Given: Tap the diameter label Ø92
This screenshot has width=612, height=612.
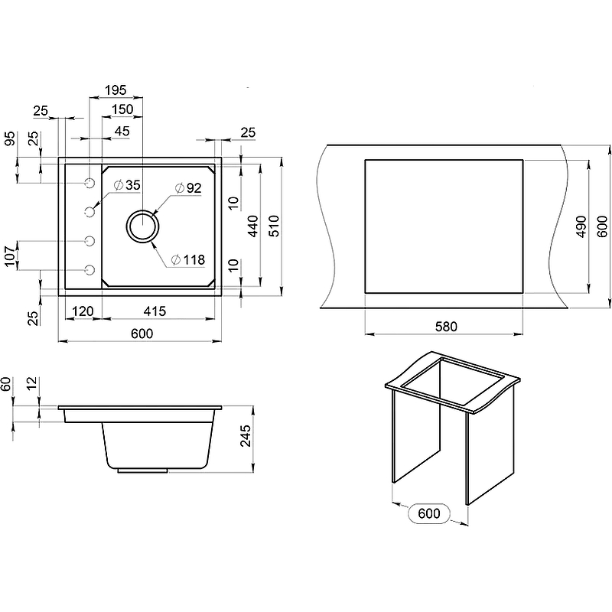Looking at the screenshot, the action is point(188,188).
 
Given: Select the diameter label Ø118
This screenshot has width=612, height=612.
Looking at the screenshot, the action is point(188,259).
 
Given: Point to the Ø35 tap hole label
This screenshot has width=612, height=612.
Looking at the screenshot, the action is point(127,185).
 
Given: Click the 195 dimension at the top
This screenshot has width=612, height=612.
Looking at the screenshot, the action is point(116,90).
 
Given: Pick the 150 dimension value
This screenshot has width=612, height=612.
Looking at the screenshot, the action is point(122,109).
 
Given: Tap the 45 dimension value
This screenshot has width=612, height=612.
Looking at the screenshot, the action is point(122,131).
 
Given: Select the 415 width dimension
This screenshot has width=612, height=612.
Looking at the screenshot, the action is point(155,311).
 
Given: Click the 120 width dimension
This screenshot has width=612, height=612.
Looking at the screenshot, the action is point(83,311).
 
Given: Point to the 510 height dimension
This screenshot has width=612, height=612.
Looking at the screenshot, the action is point(275,226).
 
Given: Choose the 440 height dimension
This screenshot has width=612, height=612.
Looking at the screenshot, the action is point(253,226).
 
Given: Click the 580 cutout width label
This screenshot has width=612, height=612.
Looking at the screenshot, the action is point(446,327).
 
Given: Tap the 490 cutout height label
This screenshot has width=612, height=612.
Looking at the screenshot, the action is point(581,226).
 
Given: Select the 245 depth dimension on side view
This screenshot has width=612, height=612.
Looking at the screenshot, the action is point(246,436).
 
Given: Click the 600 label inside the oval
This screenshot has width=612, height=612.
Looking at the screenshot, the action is point(429,513).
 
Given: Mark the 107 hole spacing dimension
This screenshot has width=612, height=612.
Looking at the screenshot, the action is point(11,256).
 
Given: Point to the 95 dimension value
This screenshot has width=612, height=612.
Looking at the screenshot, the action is point(10,138).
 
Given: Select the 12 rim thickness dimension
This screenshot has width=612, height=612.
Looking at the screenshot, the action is point(32,383).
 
